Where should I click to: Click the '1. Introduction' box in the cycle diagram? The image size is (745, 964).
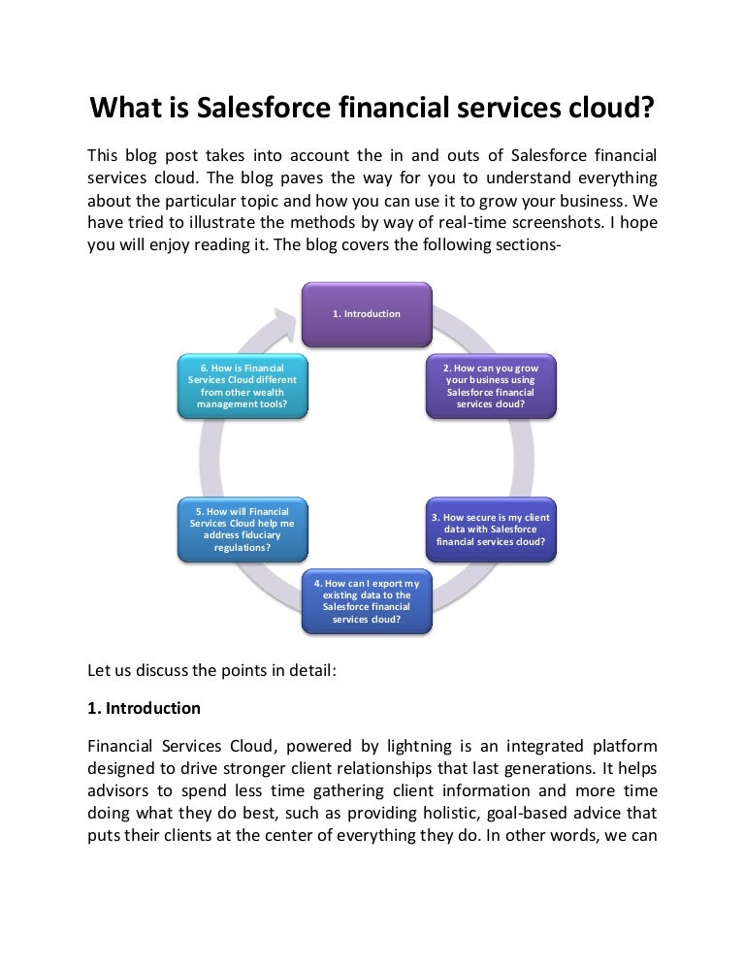(x=366, y=314)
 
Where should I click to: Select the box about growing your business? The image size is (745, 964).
(x=491, y=386)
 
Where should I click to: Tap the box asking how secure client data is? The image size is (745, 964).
(x=491, y=530)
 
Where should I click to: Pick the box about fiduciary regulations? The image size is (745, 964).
(x=242, y=530)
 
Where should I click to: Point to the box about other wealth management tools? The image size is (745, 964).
(x=242, y=386)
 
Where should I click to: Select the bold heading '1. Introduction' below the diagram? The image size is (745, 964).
(x=144, y=708)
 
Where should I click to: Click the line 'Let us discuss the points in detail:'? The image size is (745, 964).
(x=211, y=669)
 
